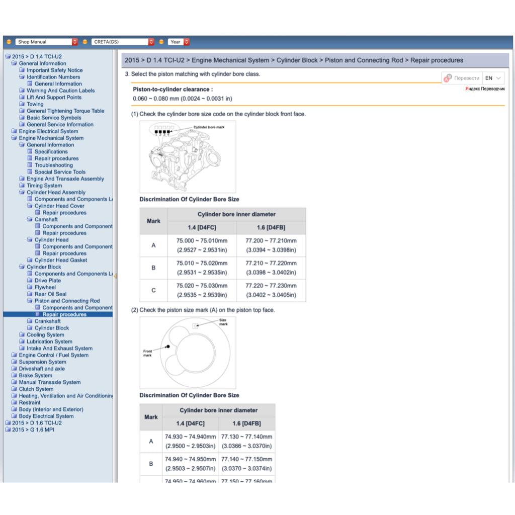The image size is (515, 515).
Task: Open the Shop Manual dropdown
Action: [46, 42]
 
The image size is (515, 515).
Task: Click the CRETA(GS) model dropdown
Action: [123, 42]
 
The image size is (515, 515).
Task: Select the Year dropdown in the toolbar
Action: [179, 42]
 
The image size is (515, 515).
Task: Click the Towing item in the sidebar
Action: [35, 104]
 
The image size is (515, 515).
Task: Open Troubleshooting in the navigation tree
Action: [53, 165]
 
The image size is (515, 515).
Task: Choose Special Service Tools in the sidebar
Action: [60, 172]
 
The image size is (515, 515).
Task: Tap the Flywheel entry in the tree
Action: [45, 287]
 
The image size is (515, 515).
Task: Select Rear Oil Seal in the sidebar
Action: [50, 294]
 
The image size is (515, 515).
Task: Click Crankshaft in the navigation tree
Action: [47, 321]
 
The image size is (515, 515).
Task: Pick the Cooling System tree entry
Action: [45, 335]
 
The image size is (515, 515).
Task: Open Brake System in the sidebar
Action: [35, 376]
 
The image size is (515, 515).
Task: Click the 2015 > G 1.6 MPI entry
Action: [33, 430]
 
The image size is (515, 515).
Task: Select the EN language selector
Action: [493, 78]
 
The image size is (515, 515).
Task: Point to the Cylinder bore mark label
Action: [209, 127]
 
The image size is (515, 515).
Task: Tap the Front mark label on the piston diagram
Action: [147, 353]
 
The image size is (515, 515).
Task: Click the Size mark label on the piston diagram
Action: [223, 322]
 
